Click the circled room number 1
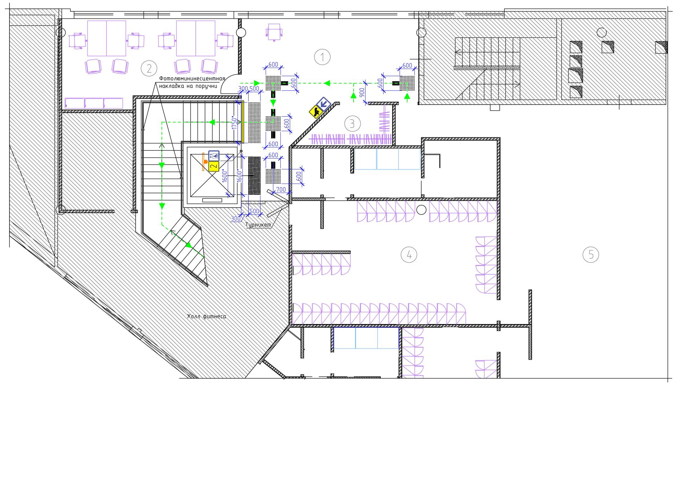point(322,57)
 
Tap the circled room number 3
point(352,124)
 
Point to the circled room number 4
point(409,254)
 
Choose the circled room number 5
point(591,254)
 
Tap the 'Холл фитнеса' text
point(207,316)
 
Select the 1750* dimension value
point(234,122)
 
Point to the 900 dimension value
point(362,93)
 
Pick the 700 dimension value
point(281,189)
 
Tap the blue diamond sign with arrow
point(323,104)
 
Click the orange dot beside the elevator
point(206,162)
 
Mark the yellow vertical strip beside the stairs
point(243,122)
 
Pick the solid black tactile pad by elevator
point(254,176)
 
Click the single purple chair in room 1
point(274,32)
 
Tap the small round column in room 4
point(421,210)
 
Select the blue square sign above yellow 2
point(214,155)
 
